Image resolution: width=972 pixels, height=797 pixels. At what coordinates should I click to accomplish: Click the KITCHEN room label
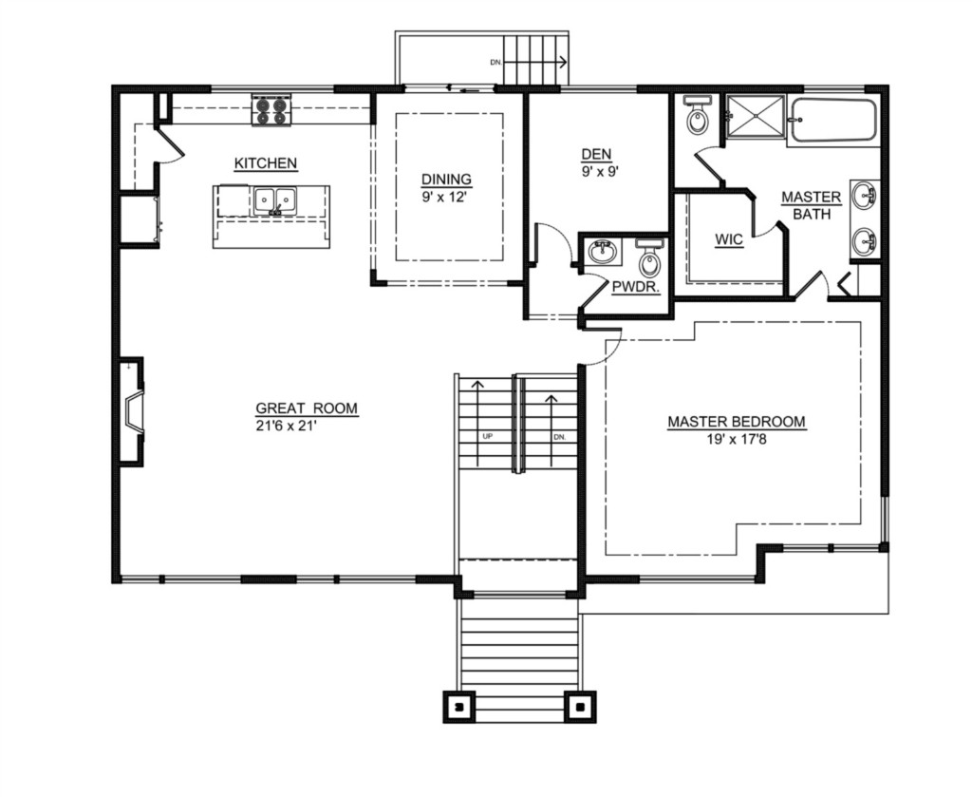[x=266, y=163]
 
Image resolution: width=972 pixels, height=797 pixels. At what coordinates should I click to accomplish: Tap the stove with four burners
[x=271, y=110]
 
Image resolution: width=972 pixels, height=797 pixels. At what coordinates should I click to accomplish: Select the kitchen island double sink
[x=274, y=201]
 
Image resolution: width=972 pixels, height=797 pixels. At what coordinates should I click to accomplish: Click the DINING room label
[x=446, y=180]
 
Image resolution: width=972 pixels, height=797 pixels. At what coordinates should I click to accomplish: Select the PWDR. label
[x=635, y=287]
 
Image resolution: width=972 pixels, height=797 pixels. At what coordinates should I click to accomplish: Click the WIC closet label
[x=728, y=239]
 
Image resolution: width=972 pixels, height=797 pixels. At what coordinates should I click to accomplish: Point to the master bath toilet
[x=698, y=114]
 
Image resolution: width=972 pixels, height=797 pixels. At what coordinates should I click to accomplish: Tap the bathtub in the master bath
[x=833, y=121]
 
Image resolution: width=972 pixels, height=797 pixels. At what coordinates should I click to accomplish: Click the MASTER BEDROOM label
[x=737, y=422]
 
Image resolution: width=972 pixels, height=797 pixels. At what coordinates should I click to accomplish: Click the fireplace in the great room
[x=132, y=410]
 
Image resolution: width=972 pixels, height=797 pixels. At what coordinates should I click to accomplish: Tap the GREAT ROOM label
[x=307, y=408]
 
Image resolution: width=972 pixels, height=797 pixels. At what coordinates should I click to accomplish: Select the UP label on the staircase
[x=487, y=436]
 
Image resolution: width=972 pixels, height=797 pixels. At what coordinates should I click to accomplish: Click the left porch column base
[x=458, y=707]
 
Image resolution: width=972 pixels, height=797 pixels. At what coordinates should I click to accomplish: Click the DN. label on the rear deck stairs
[x=495, y=62]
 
